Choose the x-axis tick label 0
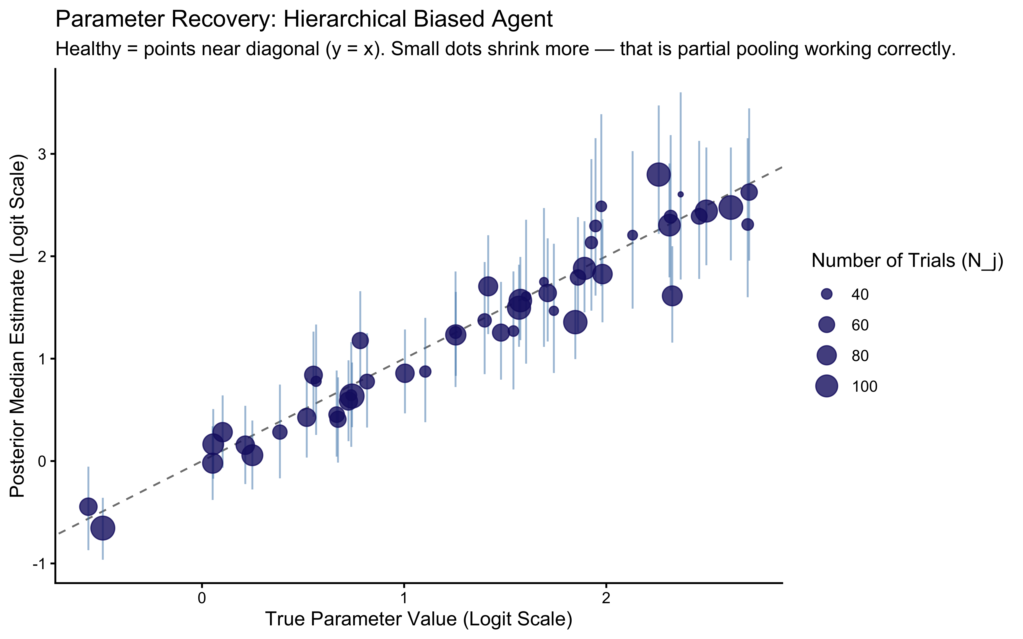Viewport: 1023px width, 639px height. click(202, 599)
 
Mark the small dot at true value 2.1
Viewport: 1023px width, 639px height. click(632, 235)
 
